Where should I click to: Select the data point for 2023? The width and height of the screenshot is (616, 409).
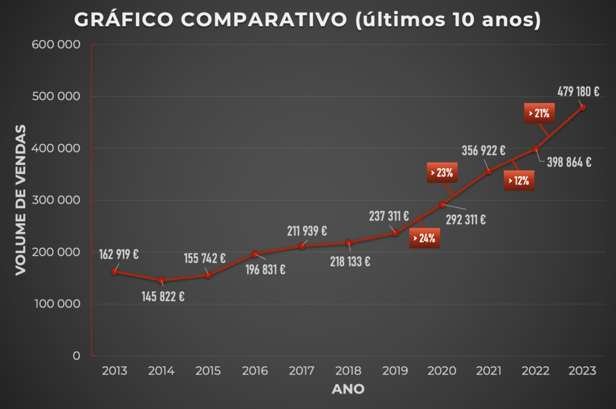coord(582,107)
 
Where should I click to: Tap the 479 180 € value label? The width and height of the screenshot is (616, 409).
coord(578,92)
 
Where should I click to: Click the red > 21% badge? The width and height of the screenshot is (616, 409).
coord(539,113)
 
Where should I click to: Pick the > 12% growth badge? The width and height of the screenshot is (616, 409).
coord(518,180)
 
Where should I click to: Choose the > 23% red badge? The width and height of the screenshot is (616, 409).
coord(442,173)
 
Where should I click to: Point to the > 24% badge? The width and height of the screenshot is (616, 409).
coord(425,238)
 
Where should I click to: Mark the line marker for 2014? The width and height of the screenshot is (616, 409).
coord(161,280)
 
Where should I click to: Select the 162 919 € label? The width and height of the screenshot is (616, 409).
coord(119,254)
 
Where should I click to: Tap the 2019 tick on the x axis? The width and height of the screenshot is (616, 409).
coord(395,371)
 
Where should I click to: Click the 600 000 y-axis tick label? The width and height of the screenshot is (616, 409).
coord(60,45)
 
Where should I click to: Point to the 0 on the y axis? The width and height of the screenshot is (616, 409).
coord(76,356)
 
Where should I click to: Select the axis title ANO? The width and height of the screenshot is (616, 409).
coord(348,389)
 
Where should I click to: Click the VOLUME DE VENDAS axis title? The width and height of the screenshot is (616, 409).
coord(21,200)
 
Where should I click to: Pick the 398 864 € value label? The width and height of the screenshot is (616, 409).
coord(570,162)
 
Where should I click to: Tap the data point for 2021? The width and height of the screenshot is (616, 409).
coord(488,171)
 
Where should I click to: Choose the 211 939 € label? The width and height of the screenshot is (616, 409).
coord(306,230)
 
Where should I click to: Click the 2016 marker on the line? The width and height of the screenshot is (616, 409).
coord(254,254)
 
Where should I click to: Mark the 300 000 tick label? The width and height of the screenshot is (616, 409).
coord(60,200)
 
